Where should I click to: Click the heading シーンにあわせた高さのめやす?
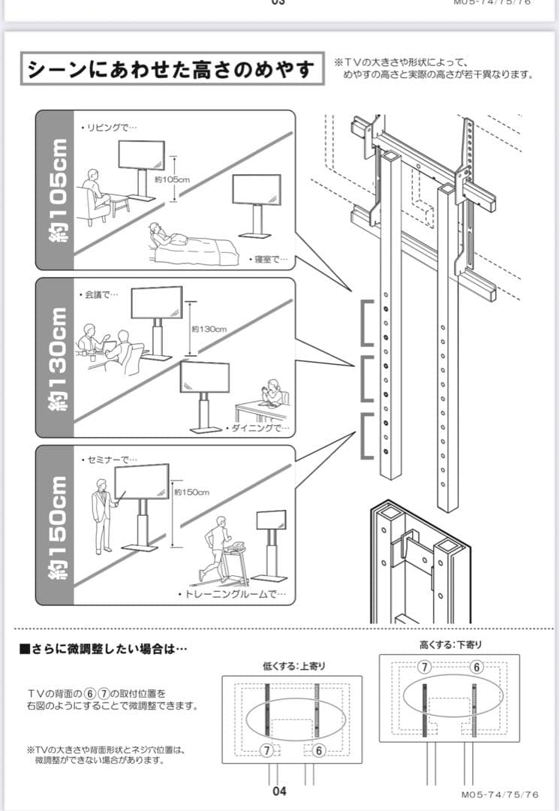pyautogui.click(x=170, y=70)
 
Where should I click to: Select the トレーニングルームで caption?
pyautogui.click(x=232, y=595)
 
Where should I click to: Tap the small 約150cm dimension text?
pyautogui.click(x=191, y=493)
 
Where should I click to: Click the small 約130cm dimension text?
pyautogui.click(x=209, y=329)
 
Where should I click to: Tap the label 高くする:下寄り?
pyautogui.click(x=450, y=644)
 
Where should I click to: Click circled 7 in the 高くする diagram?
pyautogui.click(x=424, y=668)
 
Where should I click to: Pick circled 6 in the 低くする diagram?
pyautogui.click(x=319, y=750)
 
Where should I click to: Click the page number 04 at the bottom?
pyautogui.click(x=279, y=791)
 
